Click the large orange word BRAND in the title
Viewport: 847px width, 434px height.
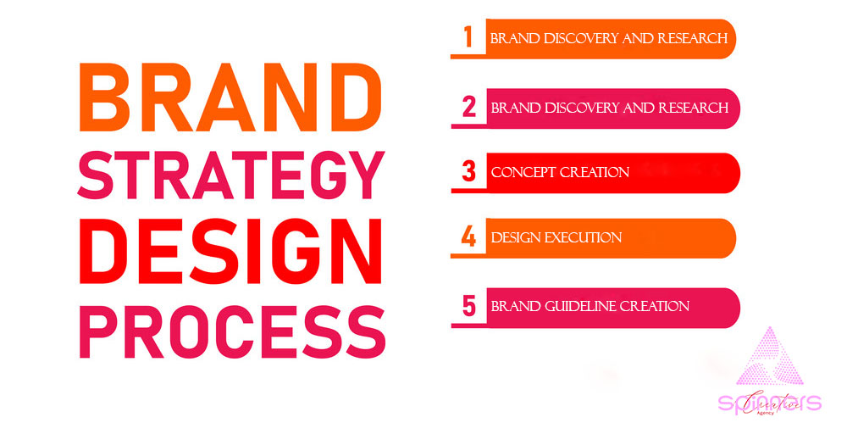click(x=225, y=94)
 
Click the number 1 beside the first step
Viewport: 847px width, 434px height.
click(x=467, y=38)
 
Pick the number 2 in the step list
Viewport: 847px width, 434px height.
click(x=468, y=108)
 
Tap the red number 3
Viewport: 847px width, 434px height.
click(x=468, y=172)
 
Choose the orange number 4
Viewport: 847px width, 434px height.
click(x=468, y=237)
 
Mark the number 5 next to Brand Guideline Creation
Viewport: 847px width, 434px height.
click(x=468, y=306)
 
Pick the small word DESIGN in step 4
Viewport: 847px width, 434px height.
click(x=515, y=237)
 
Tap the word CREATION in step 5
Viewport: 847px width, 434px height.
click(x=654, y=306)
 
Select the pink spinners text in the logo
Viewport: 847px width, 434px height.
click(x=769, y=403)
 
